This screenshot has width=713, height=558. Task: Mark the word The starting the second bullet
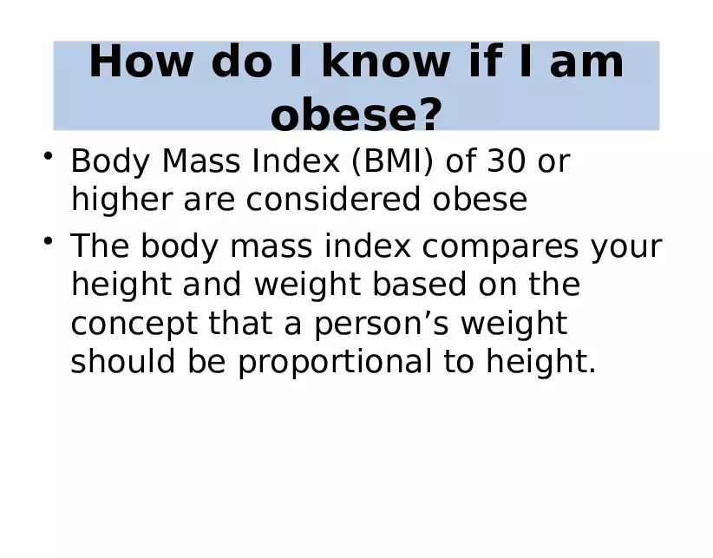click(x=99, y=246)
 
